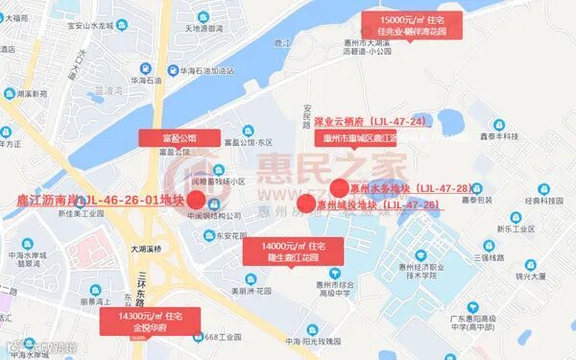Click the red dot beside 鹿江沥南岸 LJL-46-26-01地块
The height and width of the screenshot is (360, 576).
tap(196, 200)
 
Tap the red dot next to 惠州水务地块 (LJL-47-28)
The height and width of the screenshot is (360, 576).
tap(338, 188)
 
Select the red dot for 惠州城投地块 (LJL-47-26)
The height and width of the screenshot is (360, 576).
tap(306, 204)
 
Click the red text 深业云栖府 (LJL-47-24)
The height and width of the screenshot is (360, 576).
tap(370, 123)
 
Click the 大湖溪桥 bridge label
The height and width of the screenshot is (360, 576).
tap(134, 249)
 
